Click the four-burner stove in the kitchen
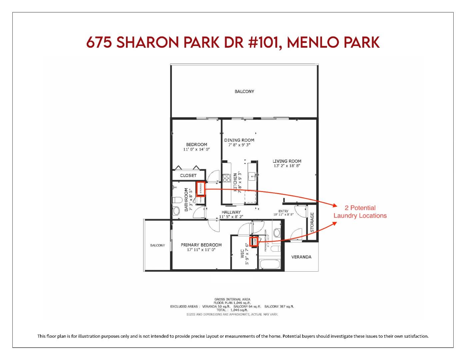[x=227, y=178]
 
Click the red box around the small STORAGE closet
[x=200, y=189]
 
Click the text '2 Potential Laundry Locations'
[x=360, y=212]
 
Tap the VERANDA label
[x=301, y=257]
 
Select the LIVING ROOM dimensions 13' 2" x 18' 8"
[x=287, y=166]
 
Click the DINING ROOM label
[x=239, y=140]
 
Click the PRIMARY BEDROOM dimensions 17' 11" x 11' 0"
[x=201, y=249]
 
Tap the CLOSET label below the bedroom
[x=188, y=175]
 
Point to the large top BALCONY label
[x=244, y=91]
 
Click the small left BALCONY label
[x=157, y=245]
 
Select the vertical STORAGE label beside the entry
[x=312, y=222]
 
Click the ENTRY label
[x=283, y=211]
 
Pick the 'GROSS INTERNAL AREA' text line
[x=232, y=299]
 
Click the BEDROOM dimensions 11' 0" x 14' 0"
[x=196, y=149]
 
